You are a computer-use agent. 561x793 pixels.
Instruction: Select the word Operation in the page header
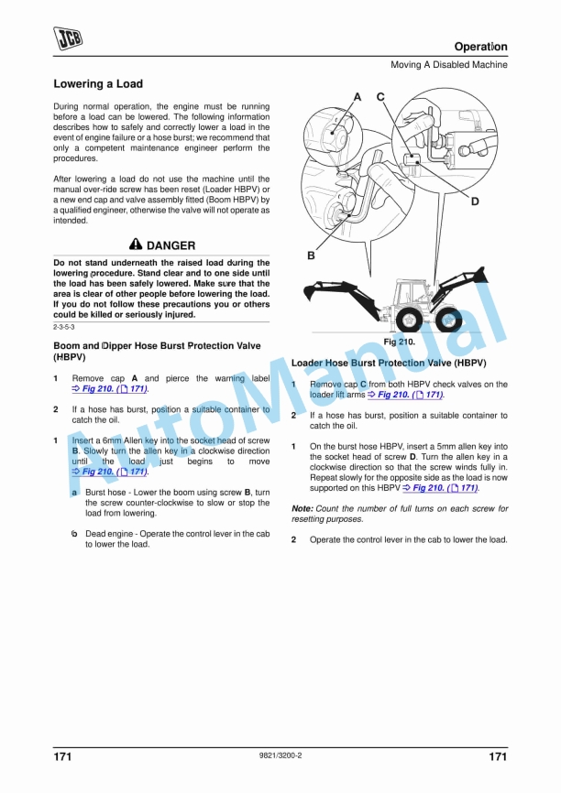point(480,47)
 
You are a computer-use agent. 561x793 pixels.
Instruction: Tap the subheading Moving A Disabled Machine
point(449,65)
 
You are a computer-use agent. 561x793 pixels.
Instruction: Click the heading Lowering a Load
point(98,84)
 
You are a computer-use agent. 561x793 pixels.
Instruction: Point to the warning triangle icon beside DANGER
point(136,245)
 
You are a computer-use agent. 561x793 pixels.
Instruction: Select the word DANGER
point(171,245)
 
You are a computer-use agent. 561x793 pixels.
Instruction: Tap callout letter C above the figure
point(380,97)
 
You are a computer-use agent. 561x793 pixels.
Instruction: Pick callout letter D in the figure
point(475,201)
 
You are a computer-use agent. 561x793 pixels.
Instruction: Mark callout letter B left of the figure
point(311,256)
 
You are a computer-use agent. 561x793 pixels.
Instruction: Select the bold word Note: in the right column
point(302,508)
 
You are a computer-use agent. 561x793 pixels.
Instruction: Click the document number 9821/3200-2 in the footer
point(281,755)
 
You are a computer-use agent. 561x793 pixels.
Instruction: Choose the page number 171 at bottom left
point(63,756)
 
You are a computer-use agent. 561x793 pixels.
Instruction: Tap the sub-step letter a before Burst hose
point(74,493)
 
